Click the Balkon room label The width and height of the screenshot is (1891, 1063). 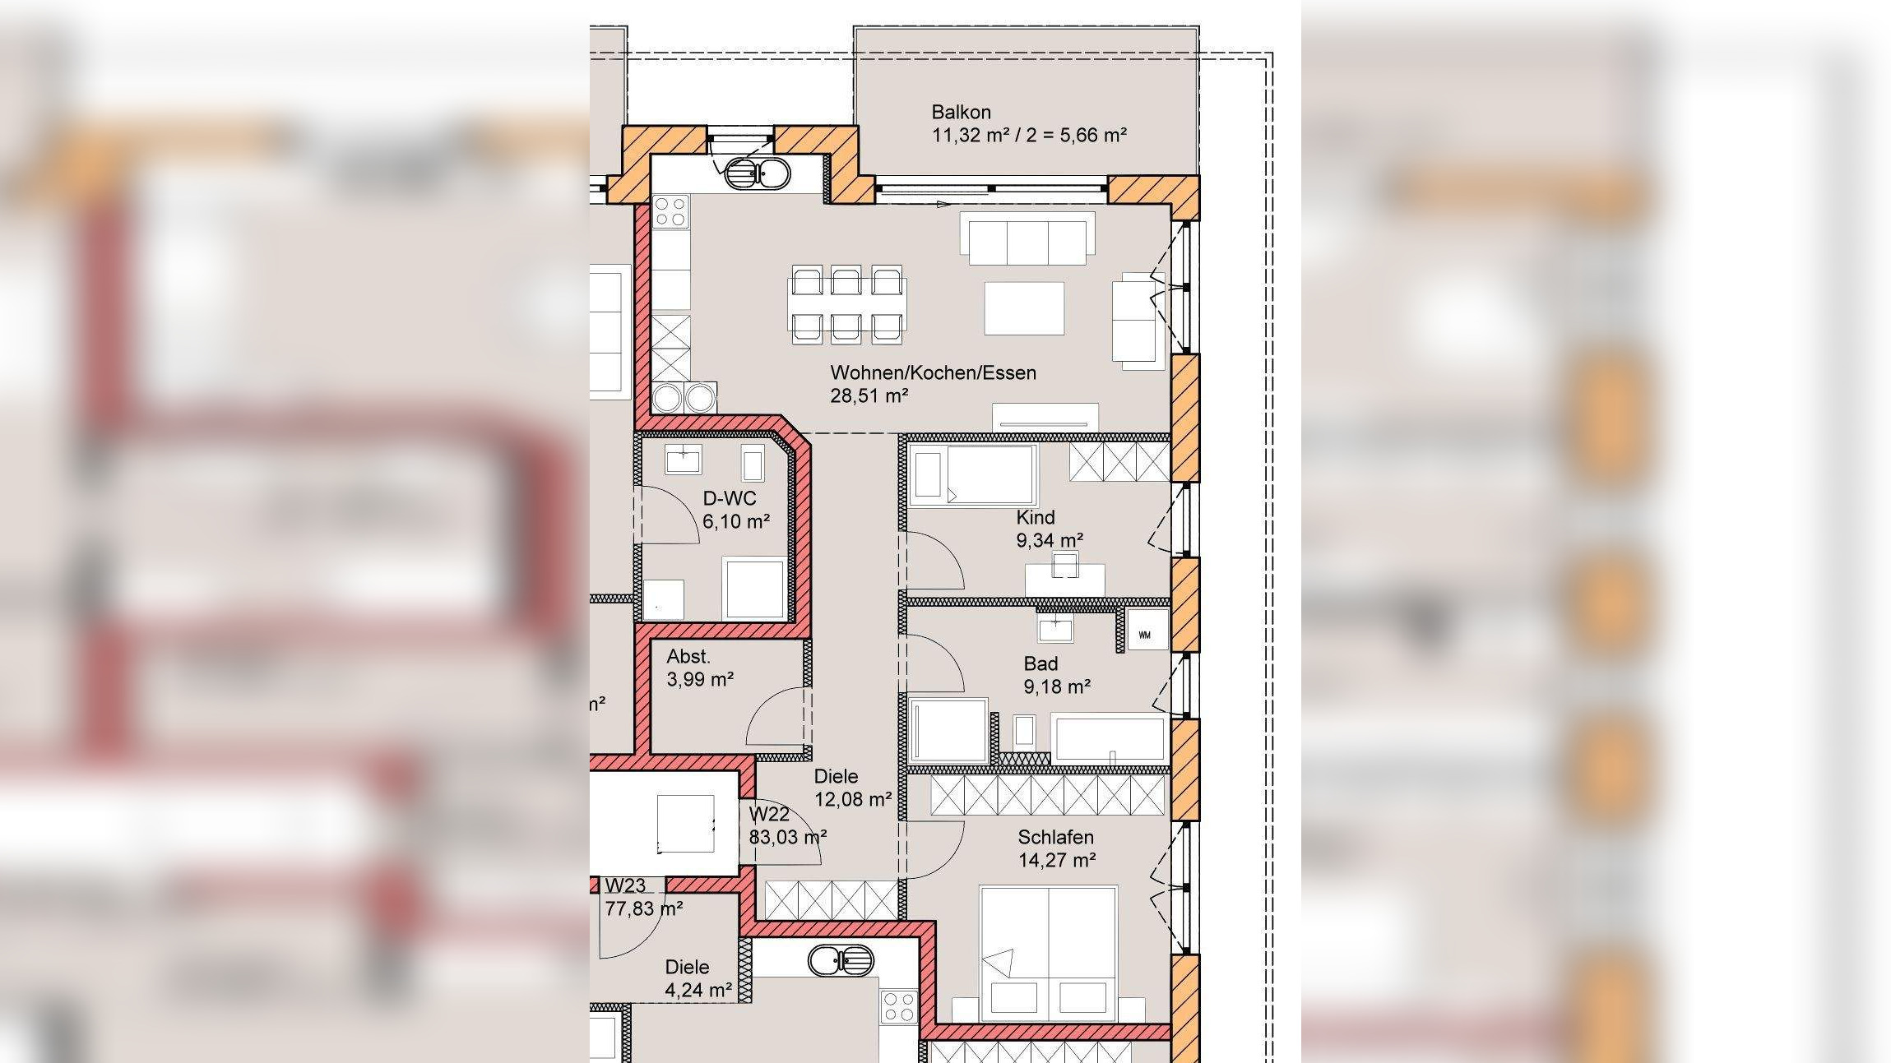961,112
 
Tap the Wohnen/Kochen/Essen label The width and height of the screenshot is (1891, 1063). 933,372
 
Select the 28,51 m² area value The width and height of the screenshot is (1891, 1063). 869,395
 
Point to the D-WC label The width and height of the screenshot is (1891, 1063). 729,498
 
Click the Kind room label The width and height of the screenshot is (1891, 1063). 1035,517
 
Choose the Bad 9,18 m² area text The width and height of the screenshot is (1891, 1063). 1057,686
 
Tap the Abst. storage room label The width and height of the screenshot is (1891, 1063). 688,656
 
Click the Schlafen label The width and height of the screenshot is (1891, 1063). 1055,837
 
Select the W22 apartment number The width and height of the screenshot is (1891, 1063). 769,814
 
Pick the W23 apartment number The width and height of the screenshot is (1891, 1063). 625,885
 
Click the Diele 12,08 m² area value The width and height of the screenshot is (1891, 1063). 853,799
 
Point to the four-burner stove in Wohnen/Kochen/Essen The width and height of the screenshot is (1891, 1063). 671,210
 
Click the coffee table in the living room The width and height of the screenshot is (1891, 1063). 1024,308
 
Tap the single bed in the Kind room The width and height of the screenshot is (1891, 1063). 972,474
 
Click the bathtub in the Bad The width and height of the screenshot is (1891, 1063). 1108,737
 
